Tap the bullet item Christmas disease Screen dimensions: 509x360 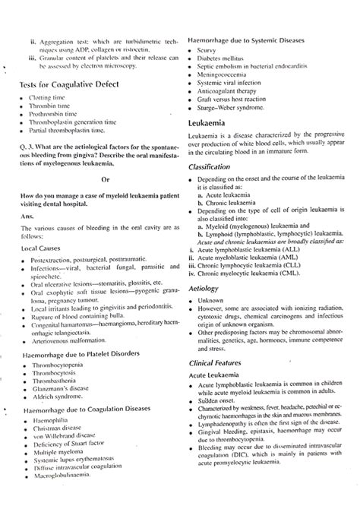click(58, 449)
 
